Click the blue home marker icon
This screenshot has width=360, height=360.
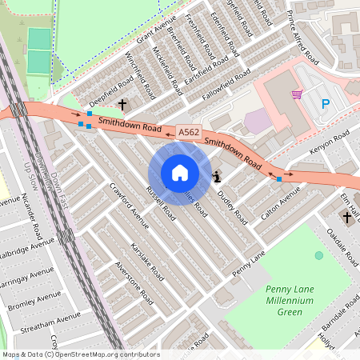point(180,172)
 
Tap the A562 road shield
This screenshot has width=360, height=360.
point(188,133)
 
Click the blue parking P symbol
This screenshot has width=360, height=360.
point(325,103)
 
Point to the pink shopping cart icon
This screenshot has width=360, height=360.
point(297,94)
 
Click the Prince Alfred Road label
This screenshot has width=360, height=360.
point(302,40)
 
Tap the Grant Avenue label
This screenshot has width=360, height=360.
point(155,34)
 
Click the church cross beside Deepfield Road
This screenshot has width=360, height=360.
point(122,104)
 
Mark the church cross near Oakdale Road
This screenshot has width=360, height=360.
point(347,217)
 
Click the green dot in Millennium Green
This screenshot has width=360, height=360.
point(319,255)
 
